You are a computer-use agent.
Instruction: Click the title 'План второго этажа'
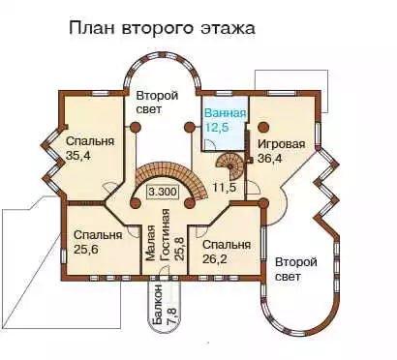coord(162,27)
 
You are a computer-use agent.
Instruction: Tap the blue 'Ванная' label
coord(226,113)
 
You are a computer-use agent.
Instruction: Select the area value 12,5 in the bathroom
coord(217,128)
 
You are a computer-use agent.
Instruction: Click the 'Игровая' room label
coord(281,144)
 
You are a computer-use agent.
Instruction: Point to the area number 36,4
coord(269,159)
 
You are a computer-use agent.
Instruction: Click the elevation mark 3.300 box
coord(163,192)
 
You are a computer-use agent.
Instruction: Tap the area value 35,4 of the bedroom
coord(78,156)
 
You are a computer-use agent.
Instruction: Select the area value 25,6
coord(86,249)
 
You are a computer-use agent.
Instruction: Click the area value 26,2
coord(215,258)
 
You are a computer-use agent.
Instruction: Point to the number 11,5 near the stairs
coord(225,187)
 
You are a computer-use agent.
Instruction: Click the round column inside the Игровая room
coord(263,127)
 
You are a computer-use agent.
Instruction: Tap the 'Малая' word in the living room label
coord(150,243)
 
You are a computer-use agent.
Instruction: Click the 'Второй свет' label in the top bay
coord(157,103)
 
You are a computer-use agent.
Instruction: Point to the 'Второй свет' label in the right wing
coord(295,269)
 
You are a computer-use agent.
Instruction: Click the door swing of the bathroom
coord(209,144)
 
